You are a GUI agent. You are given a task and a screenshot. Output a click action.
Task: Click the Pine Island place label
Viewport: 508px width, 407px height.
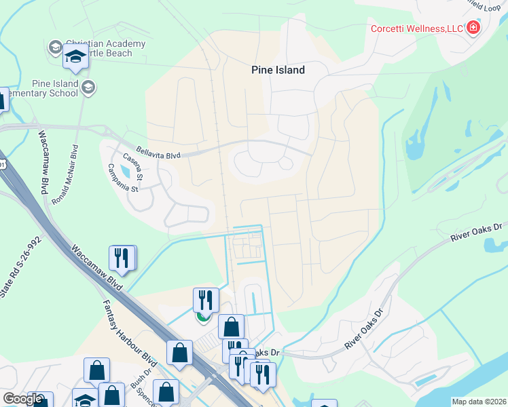click(278, 70)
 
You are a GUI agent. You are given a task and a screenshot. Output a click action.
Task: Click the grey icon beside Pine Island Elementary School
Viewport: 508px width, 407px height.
click(88, 87)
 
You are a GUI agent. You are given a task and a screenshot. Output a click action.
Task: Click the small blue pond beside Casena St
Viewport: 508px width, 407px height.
click(125, 171)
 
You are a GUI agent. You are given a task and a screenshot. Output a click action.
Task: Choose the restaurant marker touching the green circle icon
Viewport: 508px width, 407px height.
click(206, 301)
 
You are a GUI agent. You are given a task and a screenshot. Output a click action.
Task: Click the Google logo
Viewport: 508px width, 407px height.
click(22, 399)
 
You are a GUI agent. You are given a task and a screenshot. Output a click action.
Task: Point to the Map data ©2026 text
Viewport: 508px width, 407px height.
click(479, 402)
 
